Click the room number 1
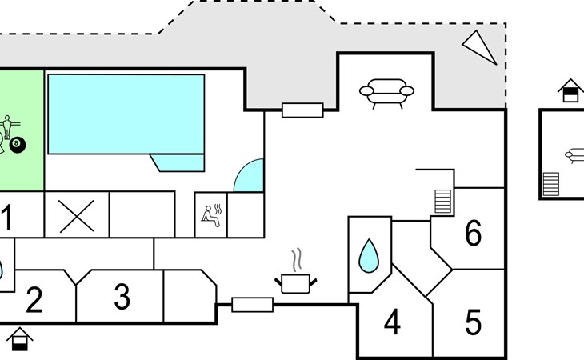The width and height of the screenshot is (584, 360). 6,218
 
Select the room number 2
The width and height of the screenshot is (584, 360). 34,299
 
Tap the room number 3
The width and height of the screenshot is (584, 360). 122,296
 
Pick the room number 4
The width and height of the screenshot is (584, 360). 392,322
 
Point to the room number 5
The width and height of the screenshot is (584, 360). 473,322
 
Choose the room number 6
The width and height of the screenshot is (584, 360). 473,233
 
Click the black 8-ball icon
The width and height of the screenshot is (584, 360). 17,145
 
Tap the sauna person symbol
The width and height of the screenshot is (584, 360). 211,216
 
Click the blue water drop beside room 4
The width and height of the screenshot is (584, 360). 369,256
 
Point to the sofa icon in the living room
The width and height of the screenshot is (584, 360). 386,93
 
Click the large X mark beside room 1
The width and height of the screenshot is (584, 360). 76,216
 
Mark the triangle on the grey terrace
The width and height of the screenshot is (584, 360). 480,47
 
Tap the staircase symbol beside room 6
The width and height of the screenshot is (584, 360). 443,202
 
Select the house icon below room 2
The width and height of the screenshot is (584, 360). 20,339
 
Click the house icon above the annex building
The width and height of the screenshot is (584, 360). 570,90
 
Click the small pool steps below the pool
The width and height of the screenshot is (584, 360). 178,162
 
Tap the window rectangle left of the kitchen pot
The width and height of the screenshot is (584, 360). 253,305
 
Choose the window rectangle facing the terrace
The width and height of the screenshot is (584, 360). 302,110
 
